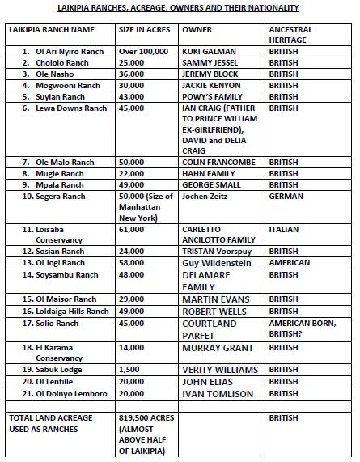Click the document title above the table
180,7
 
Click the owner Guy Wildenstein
218,263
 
